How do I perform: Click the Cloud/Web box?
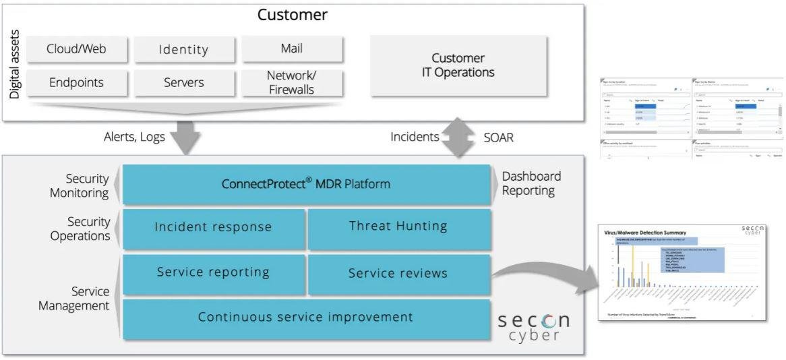(76, 49)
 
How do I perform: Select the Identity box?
(183, 49)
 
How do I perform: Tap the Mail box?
(291, 49)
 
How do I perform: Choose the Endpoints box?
(76, 83)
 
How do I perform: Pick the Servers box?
(183, 83)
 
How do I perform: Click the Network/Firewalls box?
(291, 83)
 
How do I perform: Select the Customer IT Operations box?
(458, 65)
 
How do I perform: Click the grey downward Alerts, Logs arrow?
(185, 138)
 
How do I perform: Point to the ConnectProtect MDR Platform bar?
(306, 183)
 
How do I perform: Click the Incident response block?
(213, 227)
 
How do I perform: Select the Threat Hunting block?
(398, 227)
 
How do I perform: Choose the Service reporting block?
(213, 272)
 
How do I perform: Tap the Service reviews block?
(398, 273)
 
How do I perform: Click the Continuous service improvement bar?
(305, 317)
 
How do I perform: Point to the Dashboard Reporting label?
(531, 183)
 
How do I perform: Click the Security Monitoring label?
(79, 186)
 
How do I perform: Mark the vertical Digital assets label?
(15, 65)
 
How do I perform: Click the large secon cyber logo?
(533, 326)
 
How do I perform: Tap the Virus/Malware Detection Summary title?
(645, 233)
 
